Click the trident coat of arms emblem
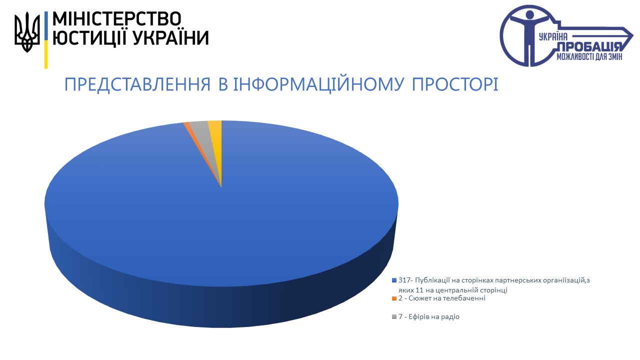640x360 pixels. coord(27,32)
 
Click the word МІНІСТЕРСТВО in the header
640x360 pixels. coord(117,19)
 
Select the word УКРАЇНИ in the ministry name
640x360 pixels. coord(171,38)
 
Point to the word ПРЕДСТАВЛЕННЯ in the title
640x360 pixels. coord(137,84)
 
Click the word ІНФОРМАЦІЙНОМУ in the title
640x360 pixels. coord(318,84)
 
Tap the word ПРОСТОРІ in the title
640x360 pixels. coord(455,84)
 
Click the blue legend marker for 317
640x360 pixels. coord(394,280)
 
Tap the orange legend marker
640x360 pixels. coord(394,298)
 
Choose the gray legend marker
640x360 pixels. coord(394,317)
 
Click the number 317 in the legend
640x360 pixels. coord(404,280)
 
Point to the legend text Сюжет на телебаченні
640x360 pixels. coord(447,298)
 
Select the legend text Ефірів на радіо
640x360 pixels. coord(434,316)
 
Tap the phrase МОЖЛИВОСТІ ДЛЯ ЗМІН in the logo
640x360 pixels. coord(589,57)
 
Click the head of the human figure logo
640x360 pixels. coord(529,15)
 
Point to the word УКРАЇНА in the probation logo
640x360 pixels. coord(553,37)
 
